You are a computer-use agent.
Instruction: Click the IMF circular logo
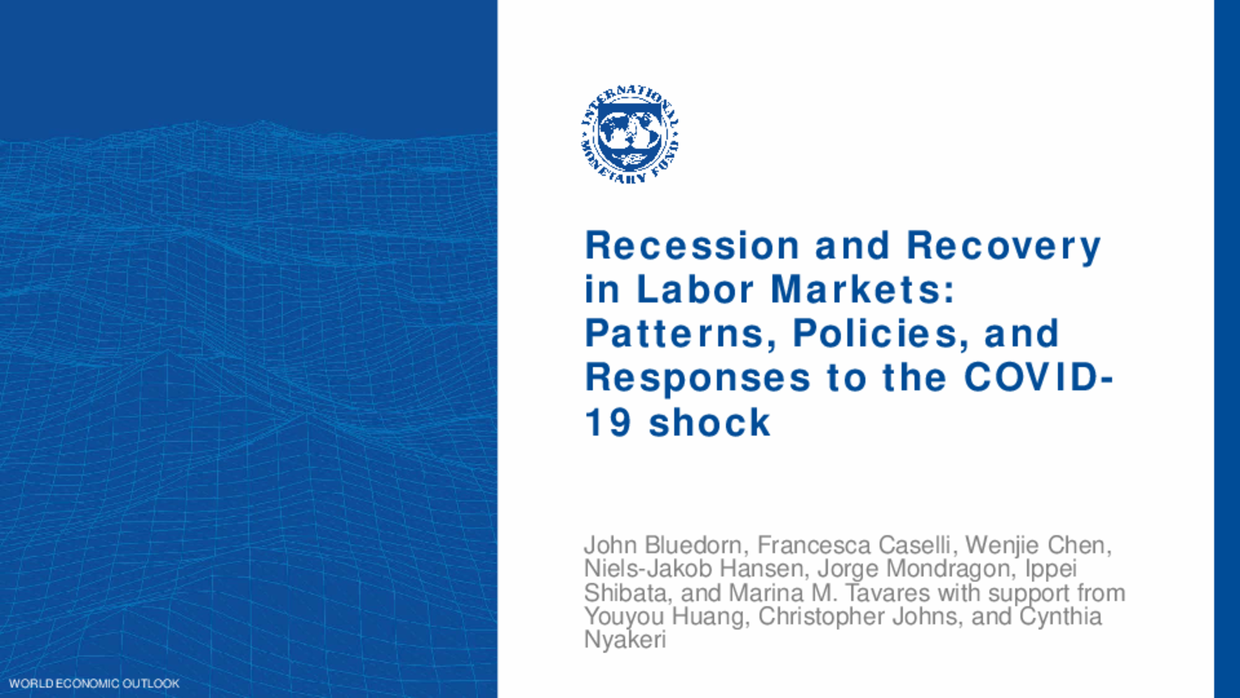(629, 135)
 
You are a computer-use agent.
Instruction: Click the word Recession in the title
(693, 245)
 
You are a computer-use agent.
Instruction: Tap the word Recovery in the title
(1004, 246)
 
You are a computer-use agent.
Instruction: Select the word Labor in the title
(696, 290)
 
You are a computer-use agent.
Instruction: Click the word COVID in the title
(1032, 377)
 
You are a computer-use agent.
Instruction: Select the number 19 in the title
(608, 423)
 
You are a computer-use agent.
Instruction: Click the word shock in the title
(709, 423)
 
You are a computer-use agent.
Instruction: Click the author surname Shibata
(625, 593)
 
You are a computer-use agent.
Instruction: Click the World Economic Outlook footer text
(94, 684)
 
